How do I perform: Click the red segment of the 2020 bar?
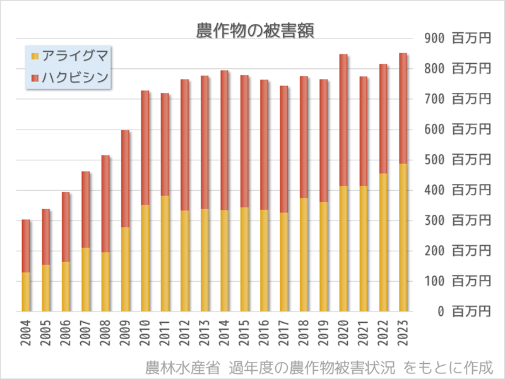[x=343, y=120]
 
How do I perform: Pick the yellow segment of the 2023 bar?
[x=403, y=237]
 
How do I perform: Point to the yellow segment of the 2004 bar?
[x=26, y=292]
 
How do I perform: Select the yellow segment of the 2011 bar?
[x=165, y=253]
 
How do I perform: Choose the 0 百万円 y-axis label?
[x=464, y=311]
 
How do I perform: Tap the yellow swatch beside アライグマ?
[x=35, y=56]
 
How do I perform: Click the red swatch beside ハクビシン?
[x=35, y=78]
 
